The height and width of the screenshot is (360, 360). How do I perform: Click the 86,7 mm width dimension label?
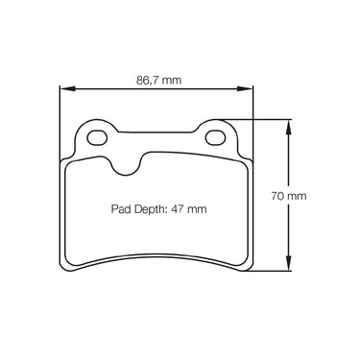pos(158,80)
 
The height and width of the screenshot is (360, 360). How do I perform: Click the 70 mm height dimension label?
pos(289,196)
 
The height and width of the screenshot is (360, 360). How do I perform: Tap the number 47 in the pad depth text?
pos(177,209)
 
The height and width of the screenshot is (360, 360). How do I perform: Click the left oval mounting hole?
pos(97,137)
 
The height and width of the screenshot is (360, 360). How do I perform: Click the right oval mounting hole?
pos(215,137)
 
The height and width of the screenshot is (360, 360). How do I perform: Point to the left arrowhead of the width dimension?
pos(67,88)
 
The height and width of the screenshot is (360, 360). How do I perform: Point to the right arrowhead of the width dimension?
pos(245,88)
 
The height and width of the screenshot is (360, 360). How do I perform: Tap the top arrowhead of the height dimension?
pos(289,127)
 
